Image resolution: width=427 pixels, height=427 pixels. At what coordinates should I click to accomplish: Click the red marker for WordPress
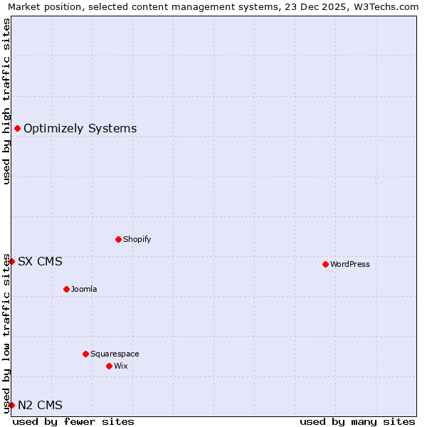pos(325,264)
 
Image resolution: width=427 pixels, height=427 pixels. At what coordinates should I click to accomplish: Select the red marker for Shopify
pos(118,239)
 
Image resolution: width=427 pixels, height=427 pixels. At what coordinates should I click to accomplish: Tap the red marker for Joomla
pos(66,289)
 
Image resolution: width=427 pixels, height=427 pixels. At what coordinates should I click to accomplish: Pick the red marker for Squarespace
pos(85,354)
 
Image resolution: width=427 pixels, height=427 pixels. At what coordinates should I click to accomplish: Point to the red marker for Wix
pos(109,366)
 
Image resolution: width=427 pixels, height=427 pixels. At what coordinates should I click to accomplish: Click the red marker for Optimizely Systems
pos(17,128)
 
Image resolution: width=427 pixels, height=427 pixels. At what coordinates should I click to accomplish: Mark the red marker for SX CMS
pos(11,261)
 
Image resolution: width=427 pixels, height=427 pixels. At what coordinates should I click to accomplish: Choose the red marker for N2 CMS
pos(11,405)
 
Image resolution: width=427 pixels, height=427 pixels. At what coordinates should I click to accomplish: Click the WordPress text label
pos(350,264)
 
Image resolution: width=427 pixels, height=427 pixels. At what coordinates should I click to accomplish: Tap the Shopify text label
pos(137,239)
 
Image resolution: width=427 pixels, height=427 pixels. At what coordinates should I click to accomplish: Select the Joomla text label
pos(84,289)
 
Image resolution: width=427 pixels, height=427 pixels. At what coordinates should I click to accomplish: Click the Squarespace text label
pos(115,354)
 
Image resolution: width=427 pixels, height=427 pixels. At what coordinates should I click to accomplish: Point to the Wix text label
pos(121,366)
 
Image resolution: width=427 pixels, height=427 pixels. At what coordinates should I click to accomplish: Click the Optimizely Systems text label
pos(80,128)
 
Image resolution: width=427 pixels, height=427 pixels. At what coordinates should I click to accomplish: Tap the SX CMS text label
pos(40,261)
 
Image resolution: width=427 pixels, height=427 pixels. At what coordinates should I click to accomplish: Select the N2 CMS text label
pos(40,405)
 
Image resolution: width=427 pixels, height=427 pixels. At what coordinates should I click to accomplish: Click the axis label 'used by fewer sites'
pos(73,421)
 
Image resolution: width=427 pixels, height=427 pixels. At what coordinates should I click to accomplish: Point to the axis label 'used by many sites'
pos(357,421)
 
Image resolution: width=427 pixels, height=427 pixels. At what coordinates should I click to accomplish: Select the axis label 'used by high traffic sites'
pos(6,101)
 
